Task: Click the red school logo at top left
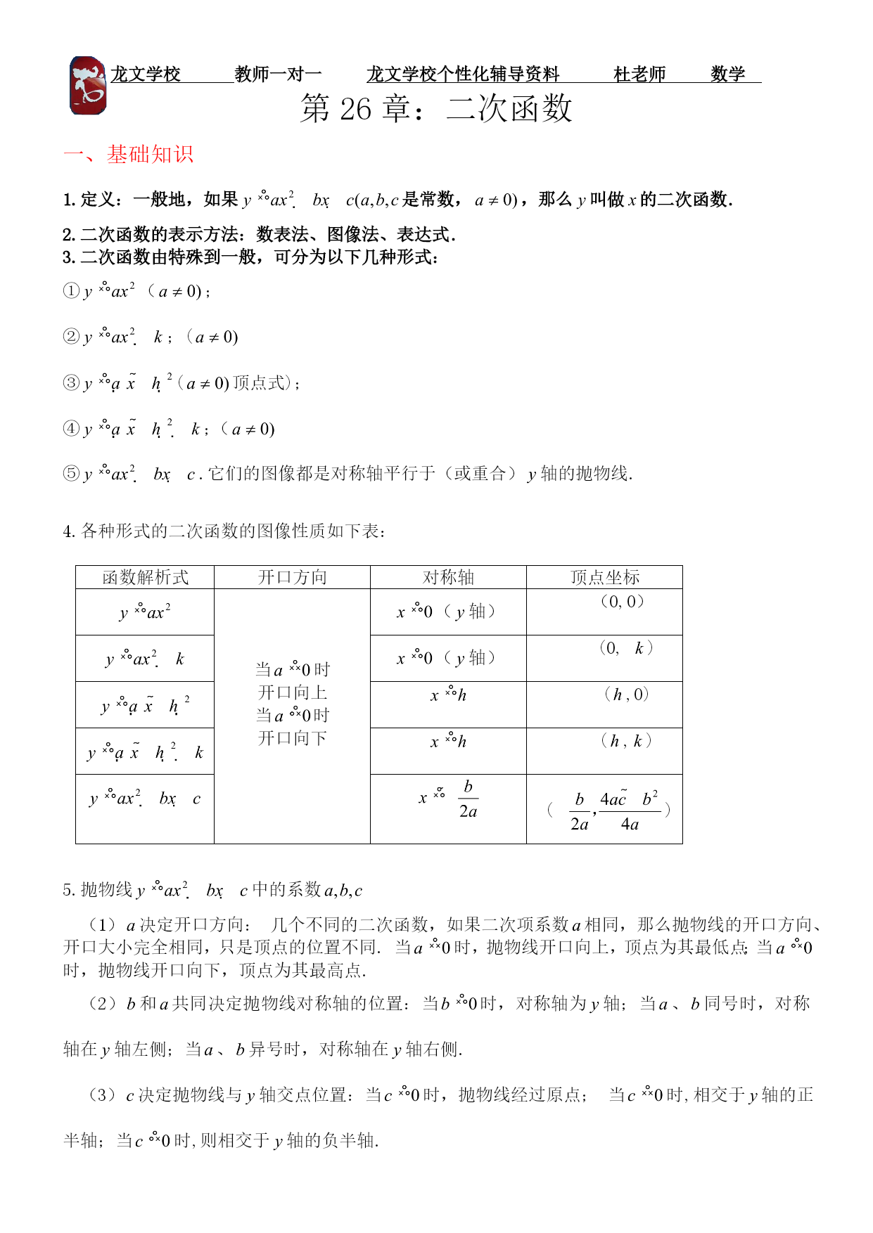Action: tap(88, 86)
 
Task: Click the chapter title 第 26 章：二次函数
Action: tap(436, 109)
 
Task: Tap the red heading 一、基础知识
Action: tap(128, 155)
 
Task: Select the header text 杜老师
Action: tap(639, 74)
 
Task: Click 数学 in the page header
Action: tap(727, 74)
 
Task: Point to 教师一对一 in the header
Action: tap(278, 74)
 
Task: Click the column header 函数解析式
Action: tap(145, 577)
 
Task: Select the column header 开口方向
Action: tap(292, 577)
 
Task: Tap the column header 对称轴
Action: tap(448, 577)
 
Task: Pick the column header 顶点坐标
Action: tap(604, 577)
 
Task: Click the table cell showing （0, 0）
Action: tap(622, 602)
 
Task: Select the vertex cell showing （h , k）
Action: tap(626, 741)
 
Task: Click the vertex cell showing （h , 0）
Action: tap(626, 695)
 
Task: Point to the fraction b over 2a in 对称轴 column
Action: tap(468, 799)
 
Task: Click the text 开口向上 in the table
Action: tap(293, 692)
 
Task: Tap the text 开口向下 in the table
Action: tap(293, 738)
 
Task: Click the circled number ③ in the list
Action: tap(71, 383)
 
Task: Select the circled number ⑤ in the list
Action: tap(71, 474)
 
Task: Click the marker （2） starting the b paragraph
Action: tap(103, 1004)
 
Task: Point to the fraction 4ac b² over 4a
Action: tap(630, 811)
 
